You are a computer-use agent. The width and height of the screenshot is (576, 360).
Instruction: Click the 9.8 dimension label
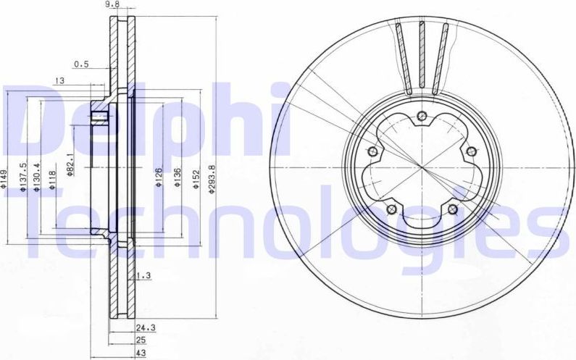click(x=112, y=4)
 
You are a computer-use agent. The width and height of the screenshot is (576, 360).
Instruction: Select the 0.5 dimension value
click(x=81, y=64)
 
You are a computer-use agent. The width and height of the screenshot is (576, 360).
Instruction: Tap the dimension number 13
click(x=59, y=80)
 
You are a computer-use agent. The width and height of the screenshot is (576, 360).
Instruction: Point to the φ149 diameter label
click(x=5, y=178)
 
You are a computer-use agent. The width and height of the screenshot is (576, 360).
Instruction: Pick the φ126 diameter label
click(x=159, y=177)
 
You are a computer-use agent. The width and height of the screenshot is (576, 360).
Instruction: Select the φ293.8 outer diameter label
click(x=213, y=177)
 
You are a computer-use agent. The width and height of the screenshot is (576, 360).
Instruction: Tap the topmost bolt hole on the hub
click(x=422, y=114)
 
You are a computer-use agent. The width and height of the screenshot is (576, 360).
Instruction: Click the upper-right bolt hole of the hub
click(x=471, y=151)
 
